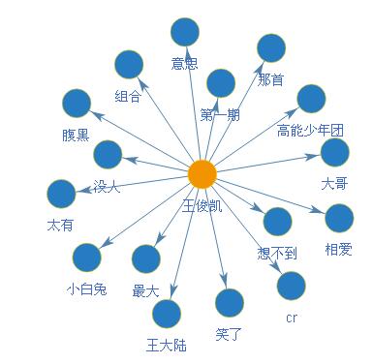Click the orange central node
click(202, 174)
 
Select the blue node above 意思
click(185, 32)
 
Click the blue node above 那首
click(270, 47)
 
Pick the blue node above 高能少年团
click(311, 98)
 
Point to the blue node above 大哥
click(334, 152)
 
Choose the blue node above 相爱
click(339, 218)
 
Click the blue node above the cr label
click(291, 286)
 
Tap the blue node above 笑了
click(229, 303)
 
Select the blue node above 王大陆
click(167, 313)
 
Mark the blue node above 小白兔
click(87, 258)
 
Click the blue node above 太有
click(60, 194)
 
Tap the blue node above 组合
click(128, 65)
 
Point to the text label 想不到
click(277, 254)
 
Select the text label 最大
click(145, 289)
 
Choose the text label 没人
click(108, 187)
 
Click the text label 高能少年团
click(310, 130)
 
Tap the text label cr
click(291, 318)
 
